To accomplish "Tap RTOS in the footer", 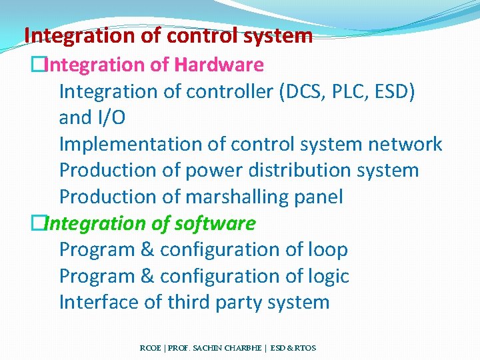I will (x=305, y=348).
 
